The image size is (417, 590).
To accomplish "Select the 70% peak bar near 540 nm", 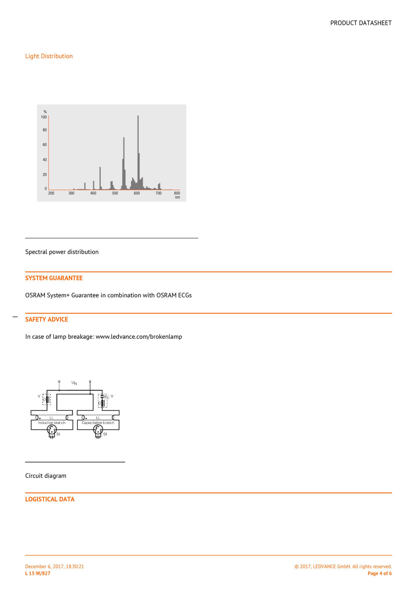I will (x=124, y=163).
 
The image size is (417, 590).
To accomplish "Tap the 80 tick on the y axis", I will (x=45, y=130).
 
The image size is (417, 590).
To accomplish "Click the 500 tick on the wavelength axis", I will (x=115, y=193).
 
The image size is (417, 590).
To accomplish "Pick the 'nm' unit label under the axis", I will (x=178, y=197).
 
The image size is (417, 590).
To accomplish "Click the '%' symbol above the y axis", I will (x=45, y=112).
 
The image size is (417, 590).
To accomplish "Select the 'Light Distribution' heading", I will (x=49, y=56).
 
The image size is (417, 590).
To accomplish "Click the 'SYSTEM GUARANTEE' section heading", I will (x=54, y=278).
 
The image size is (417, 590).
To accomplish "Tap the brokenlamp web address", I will (x=139, y=337).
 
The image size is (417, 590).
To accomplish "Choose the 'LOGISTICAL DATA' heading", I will (x=50, y=499).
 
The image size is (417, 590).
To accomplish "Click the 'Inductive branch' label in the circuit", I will (x=52, y=423).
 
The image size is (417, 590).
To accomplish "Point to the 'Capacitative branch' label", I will (x=98, y=423).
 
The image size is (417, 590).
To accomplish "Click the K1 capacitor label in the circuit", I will (x=106, y=397).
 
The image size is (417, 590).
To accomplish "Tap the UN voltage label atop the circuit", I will (x=74, y=383).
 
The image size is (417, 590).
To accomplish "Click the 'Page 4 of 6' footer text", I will (x=380, y=573).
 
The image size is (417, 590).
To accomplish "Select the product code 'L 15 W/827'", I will (x=38, y=573).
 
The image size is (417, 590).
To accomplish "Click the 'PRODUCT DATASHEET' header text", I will (x=361, y=23).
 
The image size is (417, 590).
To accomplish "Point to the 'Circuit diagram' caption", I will (x=46, y=476).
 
